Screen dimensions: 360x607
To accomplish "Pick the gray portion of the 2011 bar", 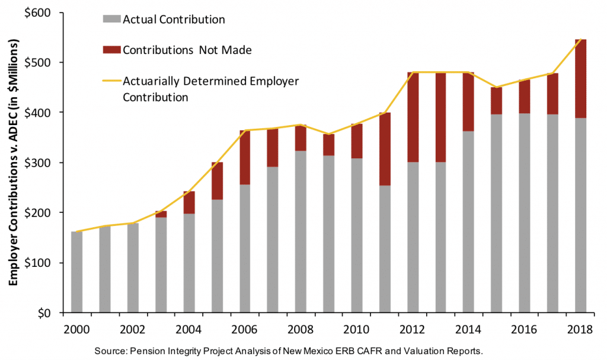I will coord(385,249).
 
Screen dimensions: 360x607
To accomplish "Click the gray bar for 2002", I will coord(133,267).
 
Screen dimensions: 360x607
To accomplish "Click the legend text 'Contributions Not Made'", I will coord(187,50).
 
